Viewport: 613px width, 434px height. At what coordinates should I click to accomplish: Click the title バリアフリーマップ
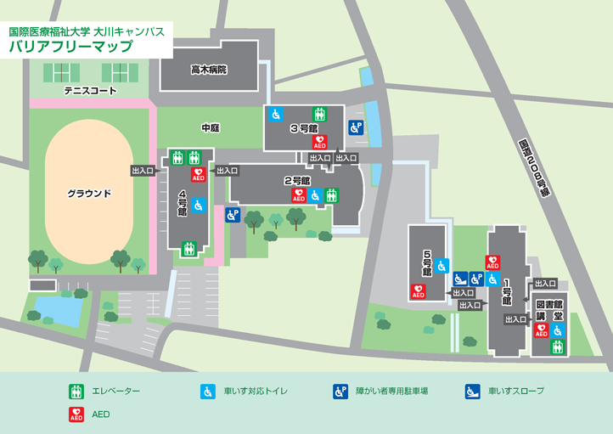click(70, 47)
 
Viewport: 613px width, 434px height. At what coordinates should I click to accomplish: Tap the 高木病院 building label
click(209, 70)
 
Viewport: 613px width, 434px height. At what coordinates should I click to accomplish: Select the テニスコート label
click(90, 90)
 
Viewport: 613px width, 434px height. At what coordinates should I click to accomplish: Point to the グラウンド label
click(90, 194)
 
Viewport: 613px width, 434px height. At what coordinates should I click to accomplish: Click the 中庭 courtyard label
click(210, 127)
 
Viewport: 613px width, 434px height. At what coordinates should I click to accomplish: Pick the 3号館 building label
click(303, 129)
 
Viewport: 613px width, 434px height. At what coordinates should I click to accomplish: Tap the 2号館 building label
click(297, 181)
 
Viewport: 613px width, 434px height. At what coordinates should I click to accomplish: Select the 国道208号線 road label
click(534, 166)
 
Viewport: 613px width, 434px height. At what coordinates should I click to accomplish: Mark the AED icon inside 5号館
click(418, 291)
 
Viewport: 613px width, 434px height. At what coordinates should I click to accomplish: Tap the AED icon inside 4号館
click(199, 174)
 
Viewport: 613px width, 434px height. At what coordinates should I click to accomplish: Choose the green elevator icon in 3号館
click(320, 113)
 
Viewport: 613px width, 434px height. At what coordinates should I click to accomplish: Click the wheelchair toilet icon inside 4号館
click(198, 206)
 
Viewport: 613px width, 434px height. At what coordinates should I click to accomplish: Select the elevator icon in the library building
click(557, 347)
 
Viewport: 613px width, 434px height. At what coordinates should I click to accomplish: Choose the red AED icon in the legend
click(76, 415)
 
